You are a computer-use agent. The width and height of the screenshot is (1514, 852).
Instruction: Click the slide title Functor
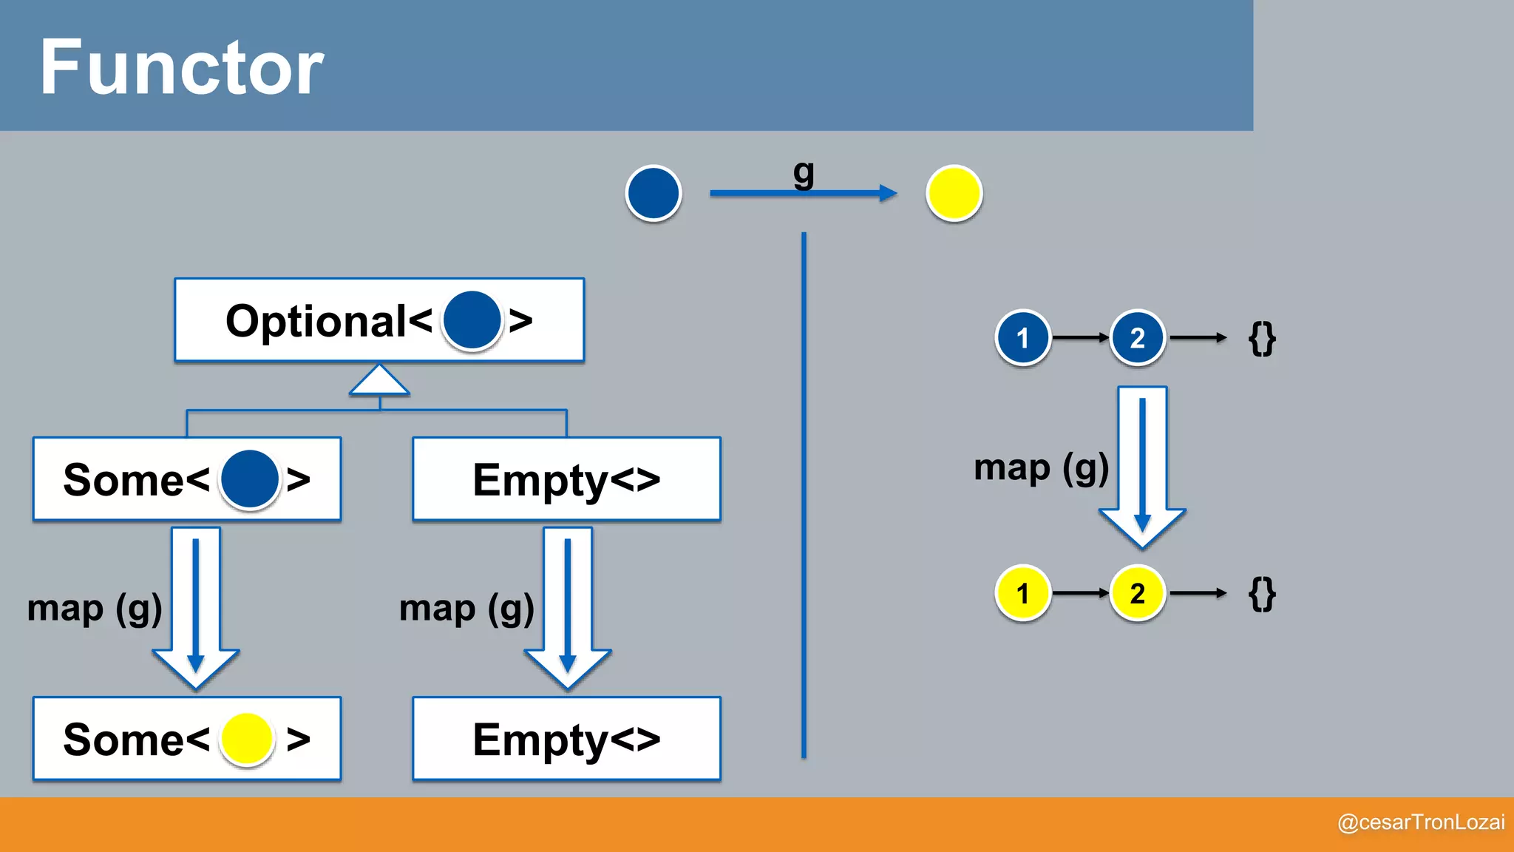coord(181,68)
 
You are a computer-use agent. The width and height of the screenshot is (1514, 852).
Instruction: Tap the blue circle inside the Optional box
coord(472,321)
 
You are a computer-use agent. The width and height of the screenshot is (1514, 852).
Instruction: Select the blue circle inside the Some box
coord(250,479)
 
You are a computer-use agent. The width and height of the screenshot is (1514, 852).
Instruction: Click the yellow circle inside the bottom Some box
coord(247,739)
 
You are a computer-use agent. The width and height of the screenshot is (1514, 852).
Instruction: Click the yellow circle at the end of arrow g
coord(954,193)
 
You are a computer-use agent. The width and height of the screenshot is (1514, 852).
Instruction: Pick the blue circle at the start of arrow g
coord(654,193)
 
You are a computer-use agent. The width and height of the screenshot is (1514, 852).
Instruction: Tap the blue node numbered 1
coord(1023,338)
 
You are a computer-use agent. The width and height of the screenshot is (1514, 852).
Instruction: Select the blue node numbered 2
coord(1138,338)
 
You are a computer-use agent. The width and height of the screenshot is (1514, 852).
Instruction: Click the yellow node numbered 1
coord(1023,593)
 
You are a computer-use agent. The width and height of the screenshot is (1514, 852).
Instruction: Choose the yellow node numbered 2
coord(1138,593)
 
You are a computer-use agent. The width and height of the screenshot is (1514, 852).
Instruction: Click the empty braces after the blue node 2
coord(1262,339)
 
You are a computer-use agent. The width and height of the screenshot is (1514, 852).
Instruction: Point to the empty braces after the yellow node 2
coord(1262,594)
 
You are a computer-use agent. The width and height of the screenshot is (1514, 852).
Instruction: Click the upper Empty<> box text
coord(566,480)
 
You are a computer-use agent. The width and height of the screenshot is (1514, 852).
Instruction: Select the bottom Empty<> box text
coord(566,740)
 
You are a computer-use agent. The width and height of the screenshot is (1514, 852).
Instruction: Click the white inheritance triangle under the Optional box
coord(379,381)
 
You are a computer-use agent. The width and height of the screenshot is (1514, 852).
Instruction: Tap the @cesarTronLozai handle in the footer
coord(1421,822)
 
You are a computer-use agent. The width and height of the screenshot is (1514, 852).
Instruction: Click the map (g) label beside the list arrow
coord(1041,468)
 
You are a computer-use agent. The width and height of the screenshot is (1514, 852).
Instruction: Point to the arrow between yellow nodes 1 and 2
coord(1080,593)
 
